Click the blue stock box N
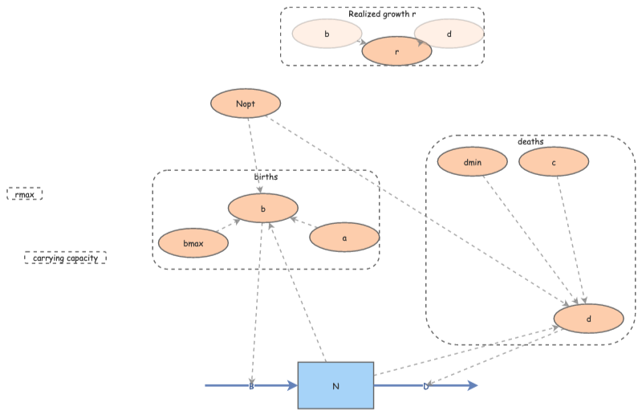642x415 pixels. [335, 385]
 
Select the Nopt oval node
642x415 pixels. [246, 103]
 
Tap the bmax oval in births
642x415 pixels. [193, 242]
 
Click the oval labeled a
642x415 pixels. [344, 237]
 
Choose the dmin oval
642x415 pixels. [473, 162]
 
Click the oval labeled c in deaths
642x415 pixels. [554, 162]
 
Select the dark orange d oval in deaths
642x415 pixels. [589, 319]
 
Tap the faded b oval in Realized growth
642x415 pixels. [327, 34]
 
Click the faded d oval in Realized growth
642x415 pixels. [449, 34]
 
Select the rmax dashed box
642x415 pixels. [24, 193]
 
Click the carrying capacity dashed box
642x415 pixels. [66, 258]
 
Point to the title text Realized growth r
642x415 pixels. [382, 14]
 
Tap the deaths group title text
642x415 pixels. [530, 141]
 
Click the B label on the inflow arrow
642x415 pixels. [251, 386]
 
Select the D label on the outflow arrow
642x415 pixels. [426, 386]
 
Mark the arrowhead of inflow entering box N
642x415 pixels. [292, 386]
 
